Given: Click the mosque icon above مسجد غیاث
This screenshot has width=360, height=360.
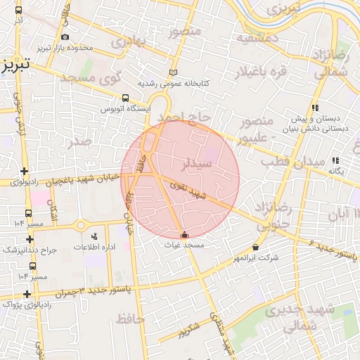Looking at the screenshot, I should (x=184, y=235).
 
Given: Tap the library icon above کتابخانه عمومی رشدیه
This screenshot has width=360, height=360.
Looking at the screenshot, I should (x=174, y=72).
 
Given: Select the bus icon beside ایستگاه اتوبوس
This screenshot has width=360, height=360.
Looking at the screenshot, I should (x=125, y=98).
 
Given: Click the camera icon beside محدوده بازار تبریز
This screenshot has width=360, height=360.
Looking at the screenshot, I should (x=65, y=37).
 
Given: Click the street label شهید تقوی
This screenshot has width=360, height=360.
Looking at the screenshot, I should (x=194, y=193).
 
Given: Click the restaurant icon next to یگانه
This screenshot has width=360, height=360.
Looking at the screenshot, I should (x=335, y=160).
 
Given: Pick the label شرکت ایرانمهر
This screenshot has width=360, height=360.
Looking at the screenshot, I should (x=256, y=258).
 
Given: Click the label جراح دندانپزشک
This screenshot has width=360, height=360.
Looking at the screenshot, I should (x=28, y=250).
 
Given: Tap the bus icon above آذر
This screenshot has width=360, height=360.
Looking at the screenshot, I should (x=18, y=11).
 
